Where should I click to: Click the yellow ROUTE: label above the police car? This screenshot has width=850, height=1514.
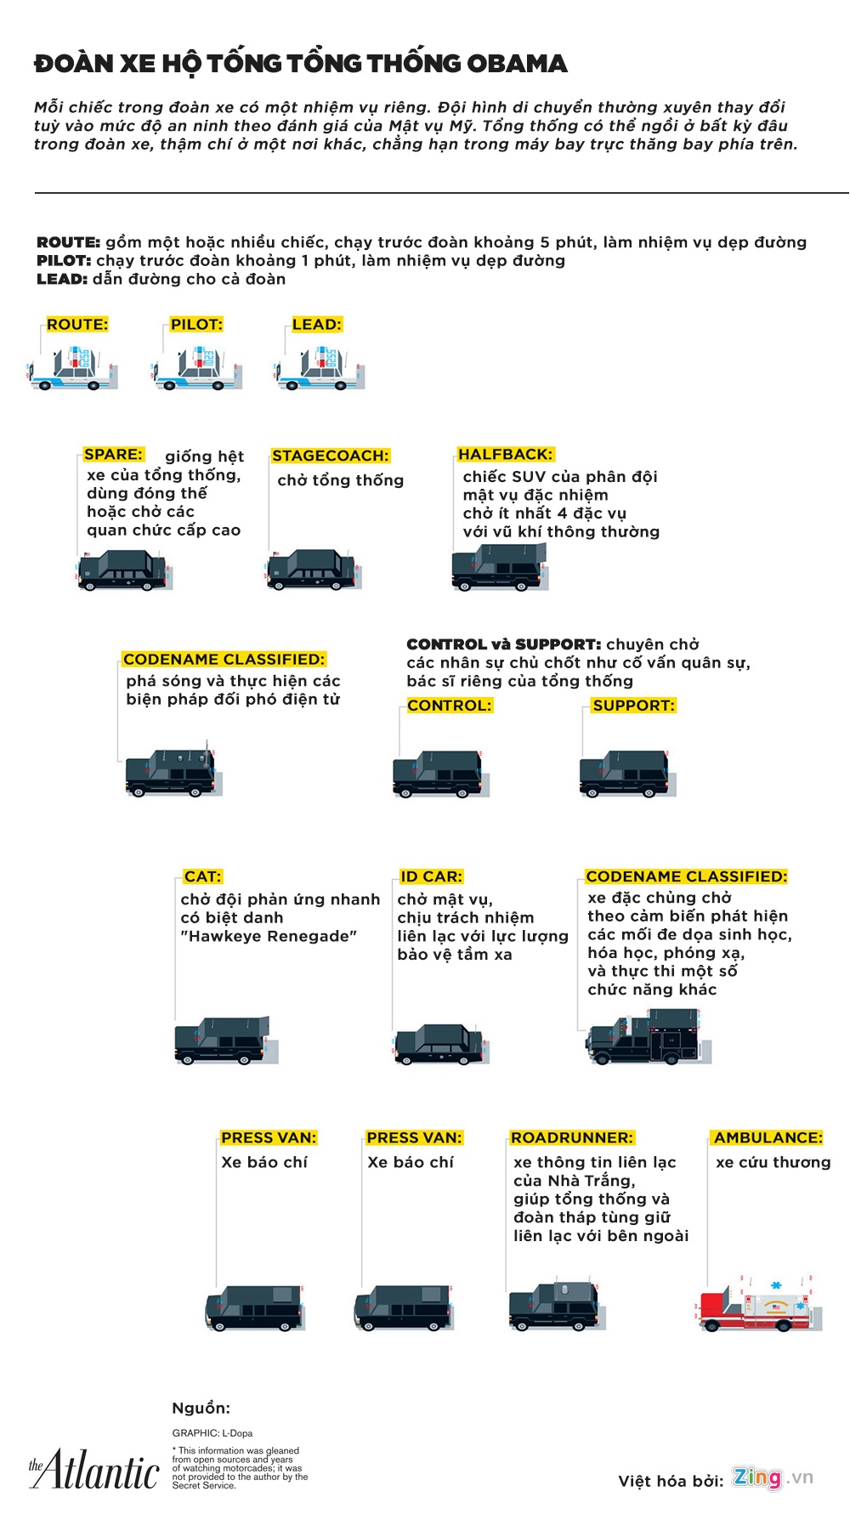pyautogui.click(x=76, y=324)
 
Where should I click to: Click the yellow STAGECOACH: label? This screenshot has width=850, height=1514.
pyautogui.click(x=330, y=456)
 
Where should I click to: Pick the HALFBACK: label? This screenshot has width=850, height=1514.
pyautogui.click(x=505, y=454)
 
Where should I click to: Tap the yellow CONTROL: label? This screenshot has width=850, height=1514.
pyautogui.click(x=449, y=705)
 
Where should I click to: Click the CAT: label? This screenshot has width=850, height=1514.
pyautogui.click(x=202, y=876)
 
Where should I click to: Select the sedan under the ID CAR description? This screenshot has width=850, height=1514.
pyautogui.click(x=440, y=1045)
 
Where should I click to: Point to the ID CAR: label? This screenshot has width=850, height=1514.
pyautogui.click(x=431, y=876)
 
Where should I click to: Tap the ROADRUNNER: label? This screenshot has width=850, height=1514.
pyautogui.click(x=572, y=1137)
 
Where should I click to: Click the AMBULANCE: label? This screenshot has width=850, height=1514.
pyautogui.click(x=768, y=1137)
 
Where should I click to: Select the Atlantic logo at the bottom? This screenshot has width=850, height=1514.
pyautogui.click(x=94, y=1471)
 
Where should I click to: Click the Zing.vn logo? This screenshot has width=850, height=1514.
pyautogui.click(x=773, y=1477)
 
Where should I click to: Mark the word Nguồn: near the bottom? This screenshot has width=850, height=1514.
pyautogui.click(x=201, y=1408)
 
